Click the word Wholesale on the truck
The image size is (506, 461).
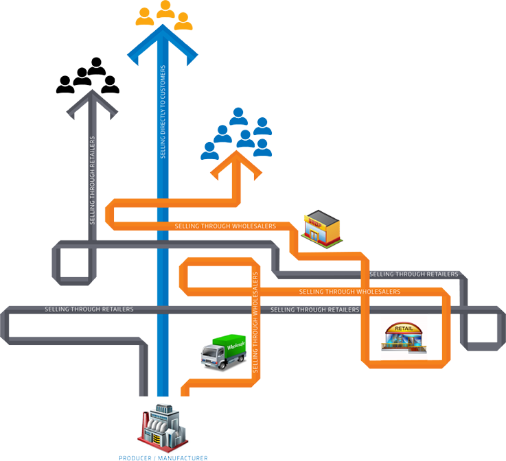[228, 340]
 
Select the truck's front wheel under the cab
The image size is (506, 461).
[211, 362]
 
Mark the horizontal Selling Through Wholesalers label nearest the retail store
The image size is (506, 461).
[350, 292]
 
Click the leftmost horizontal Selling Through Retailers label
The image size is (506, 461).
[89, 309]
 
